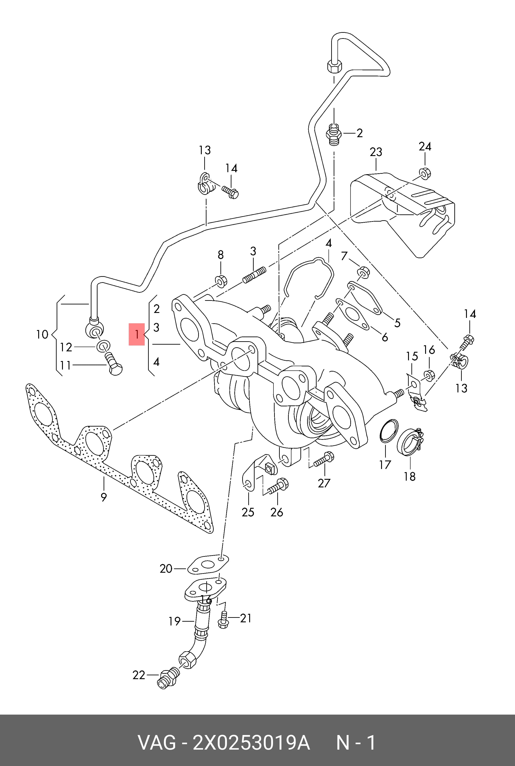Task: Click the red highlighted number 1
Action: pos(137,335)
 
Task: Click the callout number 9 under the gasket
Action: pos(104,497)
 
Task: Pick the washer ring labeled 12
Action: pos(103,346)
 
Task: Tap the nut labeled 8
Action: pos(220,281)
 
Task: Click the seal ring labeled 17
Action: pos(389,431)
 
